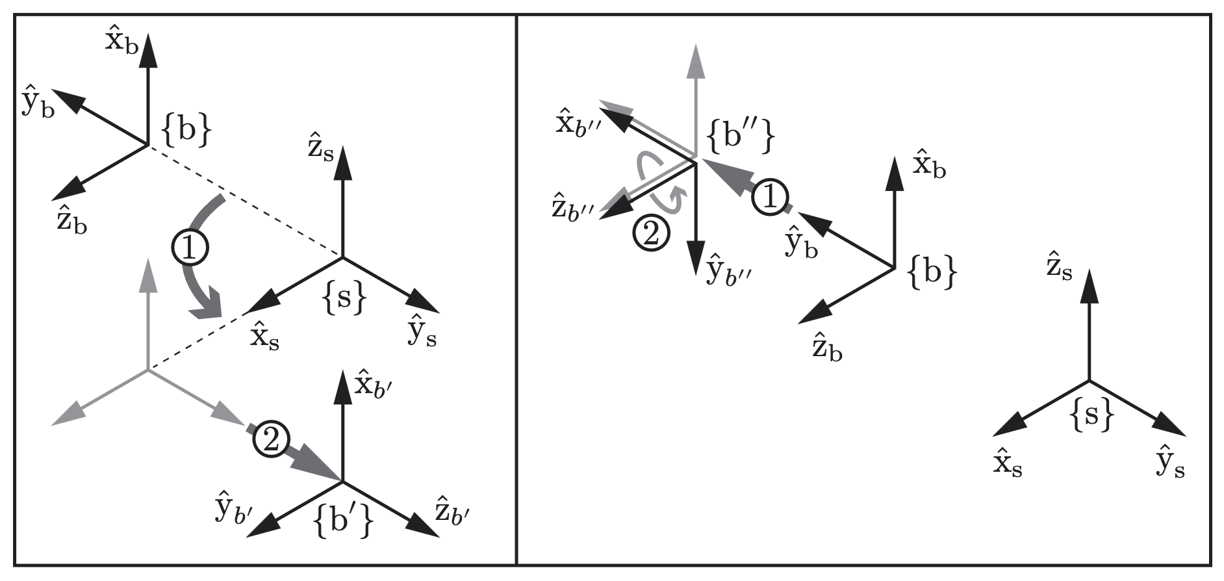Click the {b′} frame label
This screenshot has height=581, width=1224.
pos(343,521)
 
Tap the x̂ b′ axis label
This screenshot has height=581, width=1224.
pos(374,385)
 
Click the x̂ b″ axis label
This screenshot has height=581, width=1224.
pos(581,123)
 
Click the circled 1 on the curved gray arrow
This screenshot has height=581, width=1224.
pos(189,250)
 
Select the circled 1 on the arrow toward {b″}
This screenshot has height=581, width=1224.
pos(771,197)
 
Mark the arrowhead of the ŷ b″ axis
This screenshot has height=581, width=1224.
pos(696,252)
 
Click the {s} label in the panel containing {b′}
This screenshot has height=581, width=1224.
pos(344,298)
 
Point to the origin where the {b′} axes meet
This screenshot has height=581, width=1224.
pos(342,482)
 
